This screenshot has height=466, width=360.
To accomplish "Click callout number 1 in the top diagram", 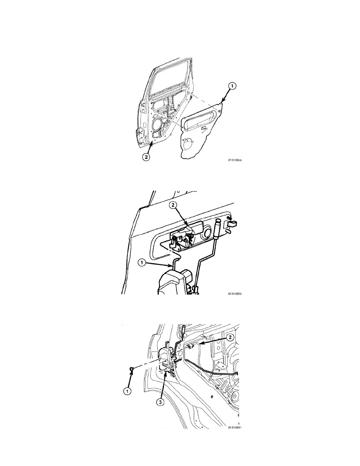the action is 232,86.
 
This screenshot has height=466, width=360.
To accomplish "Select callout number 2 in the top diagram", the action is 146,157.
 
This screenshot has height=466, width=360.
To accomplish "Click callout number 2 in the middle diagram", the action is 174,206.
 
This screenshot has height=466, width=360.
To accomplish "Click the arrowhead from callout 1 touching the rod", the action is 171,265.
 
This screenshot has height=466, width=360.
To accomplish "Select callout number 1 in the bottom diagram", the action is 127,391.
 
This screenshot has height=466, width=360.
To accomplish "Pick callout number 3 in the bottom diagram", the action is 160,402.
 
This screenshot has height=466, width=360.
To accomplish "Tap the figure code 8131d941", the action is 234,428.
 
